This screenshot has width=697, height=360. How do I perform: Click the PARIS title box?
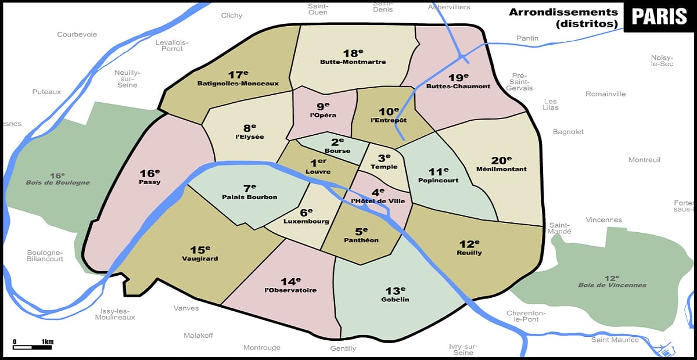659,17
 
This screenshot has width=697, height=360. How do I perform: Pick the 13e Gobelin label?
395,294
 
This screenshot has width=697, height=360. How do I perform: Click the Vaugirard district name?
199,258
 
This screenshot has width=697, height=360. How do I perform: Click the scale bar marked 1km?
32,346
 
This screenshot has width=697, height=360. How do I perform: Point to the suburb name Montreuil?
644,160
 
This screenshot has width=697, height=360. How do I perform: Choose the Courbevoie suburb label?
77,34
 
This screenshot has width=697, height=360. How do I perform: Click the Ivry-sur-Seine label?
462,350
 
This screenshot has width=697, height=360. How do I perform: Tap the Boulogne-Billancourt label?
45,256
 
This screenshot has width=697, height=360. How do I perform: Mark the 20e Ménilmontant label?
501,164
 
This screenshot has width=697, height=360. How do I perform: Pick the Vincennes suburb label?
604,219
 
